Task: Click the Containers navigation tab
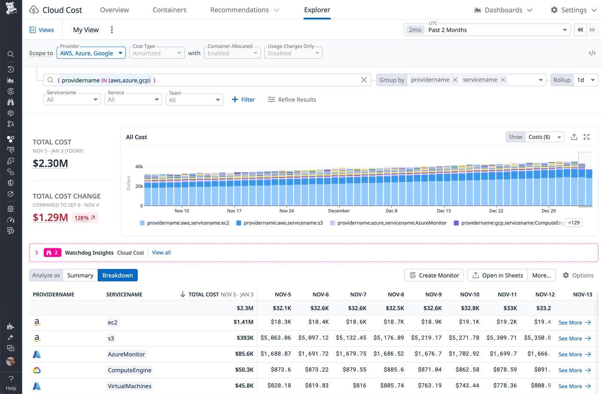[169, 10]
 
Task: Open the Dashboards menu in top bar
[503, 10]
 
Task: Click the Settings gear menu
[574, 10]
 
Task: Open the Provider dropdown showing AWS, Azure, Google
[91, 53]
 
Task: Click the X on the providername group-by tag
[455, 80]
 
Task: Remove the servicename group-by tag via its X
[503, 80]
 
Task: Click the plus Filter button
[243, 100]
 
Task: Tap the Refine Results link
[292, 100]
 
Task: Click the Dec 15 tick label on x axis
[444, 211]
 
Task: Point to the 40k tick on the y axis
[139, 167]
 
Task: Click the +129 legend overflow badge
[574, 223]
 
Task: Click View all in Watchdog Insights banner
[161, 253]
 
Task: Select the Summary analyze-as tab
[80, 275]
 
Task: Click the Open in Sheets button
[498, 275]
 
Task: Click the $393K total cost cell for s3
[245, 338]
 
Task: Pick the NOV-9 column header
[433, 295]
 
